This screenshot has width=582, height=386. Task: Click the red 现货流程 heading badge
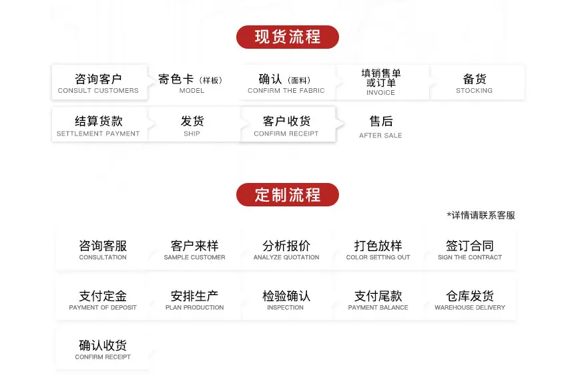point(287,37)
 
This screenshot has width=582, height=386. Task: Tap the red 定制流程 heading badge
point(287,195)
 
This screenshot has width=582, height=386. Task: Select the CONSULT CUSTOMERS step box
point(99,82)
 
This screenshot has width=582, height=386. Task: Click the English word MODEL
point(192,91)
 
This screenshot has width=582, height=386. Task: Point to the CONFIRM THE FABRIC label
point(286,91)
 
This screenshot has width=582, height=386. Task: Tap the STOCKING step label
point(475,91)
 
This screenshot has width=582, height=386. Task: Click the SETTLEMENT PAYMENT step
point(99,124)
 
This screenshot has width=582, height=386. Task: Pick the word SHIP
point(192,134)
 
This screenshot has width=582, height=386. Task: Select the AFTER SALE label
point(380,136)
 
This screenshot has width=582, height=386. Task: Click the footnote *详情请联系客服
point(481,216)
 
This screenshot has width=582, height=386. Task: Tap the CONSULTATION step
point(102,250)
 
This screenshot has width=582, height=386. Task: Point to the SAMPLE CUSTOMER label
point(194,258)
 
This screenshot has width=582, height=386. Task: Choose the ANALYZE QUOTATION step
point(286,250)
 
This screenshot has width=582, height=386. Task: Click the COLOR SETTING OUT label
point(378,258)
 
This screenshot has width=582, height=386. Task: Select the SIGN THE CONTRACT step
point(470,250)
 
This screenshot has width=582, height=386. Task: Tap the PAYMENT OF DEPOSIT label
point(102,308)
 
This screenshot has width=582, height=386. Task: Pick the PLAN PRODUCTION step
point(194,300)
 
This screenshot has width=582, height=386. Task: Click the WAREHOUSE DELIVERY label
point(470,308)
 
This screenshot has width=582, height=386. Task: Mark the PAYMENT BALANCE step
point(378,300)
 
